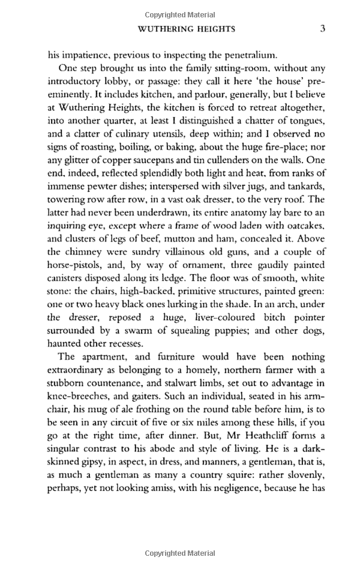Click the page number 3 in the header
(x=323, y=28)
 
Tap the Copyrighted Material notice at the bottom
(x=180, y=553)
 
